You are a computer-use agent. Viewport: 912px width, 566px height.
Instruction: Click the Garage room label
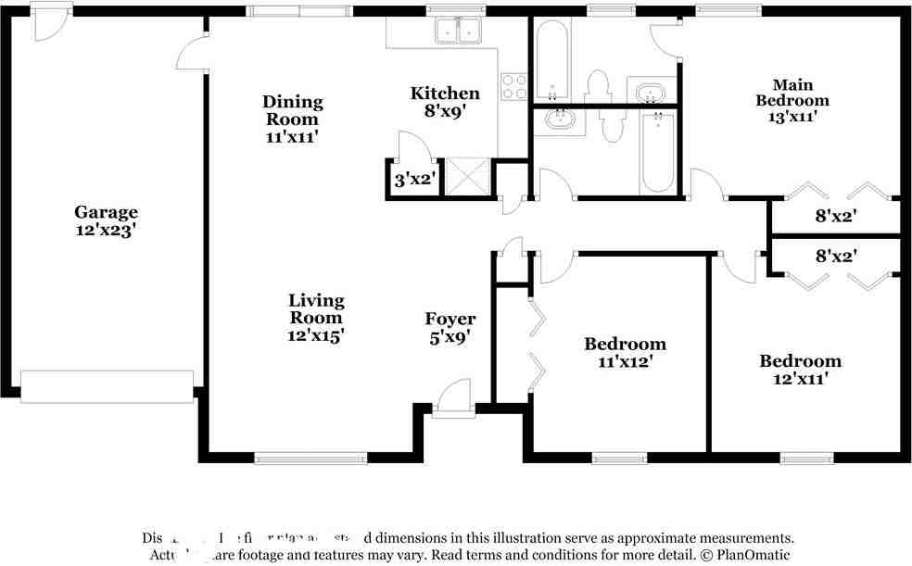106,212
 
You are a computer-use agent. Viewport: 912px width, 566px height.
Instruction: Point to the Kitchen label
445,93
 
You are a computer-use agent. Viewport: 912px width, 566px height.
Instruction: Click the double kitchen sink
459,31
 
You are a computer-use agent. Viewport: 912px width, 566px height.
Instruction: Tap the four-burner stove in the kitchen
513,86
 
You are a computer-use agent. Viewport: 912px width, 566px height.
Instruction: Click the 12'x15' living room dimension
316,335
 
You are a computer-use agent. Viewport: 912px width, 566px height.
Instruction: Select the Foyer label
450,320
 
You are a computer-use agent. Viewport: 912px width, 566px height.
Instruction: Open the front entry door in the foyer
452,398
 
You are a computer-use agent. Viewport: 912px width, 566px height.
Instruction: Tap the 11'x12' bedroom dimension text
625,362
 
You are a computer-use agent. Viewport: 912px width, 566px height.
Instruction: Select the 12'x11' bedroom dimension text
801,378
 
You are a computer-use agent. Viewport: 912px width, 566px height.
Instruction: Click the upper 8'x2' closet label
835,217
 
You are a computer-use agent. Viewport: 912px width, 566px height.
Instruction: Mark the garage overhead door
107,387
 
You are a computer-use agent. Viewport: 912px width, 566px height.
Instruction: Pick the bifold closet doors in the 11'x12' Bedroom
538,343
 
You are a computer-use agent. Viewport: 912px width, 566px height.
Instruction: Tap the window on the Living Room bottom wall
310,458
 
